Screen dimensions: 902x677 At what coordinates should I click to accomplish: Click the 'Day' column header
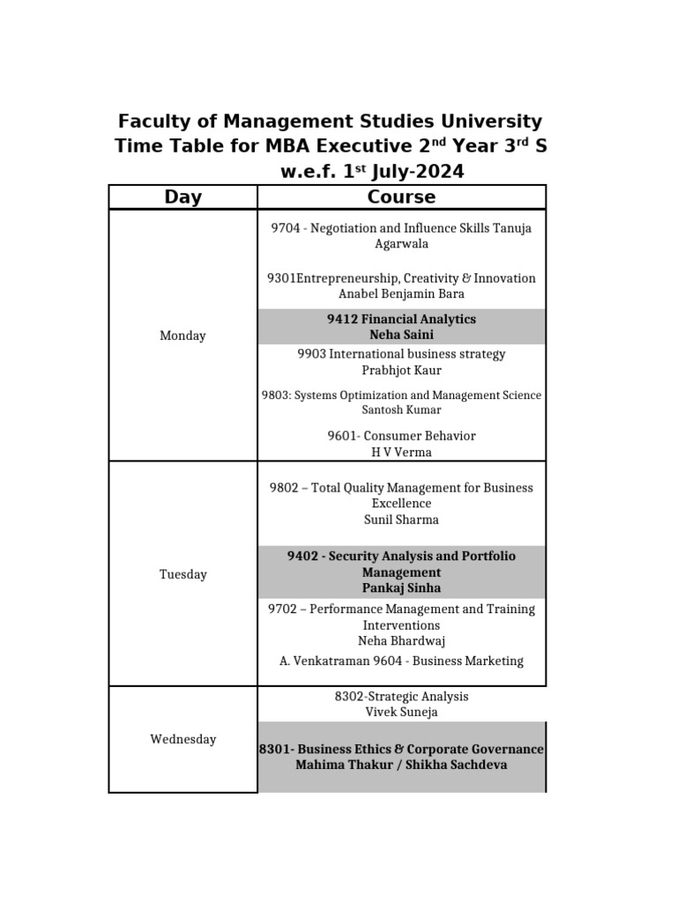182,197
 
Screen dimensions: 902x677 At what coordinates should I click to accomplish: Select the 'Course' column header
401,197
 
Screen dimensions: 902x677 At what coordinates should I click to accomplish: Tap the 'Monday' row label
182,336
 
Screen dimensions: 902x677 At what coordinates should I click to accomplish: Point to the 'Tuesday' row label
182,574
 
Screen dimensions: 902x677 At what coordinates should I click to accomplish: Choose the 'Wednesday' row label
182,739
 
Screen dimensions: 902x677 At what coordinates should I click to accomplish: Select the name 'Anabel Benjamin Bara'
401,294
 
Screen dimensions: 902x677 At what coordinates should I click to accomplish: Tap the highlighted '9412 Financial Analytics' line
401,319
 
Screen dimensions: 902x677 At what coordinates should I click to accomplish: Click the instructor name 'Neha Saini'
401,335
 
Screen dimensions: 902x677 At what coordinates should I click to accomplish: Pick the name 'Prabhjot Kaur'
401,370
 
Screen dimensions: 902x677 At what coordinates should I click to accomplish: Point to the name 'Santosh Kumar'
401,410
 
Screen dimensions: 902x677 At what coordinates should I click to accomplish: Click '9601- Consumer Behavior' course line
401,436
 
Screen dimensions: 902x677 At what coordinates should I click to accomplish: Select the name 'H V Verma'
401,453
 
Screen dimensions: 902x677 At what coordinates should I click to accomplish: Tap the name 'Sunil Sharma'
401,520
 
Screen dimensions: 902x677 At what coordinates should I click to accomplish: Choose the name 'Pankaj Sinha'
401,588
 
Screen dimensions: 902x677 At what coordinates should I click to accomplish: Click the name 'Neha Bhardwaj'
401,640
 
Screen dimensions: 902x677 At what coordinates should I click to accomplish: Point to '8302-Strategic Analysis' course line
401,696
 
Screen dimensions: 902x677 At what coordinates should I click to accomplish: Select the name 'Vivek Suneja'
401,712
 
